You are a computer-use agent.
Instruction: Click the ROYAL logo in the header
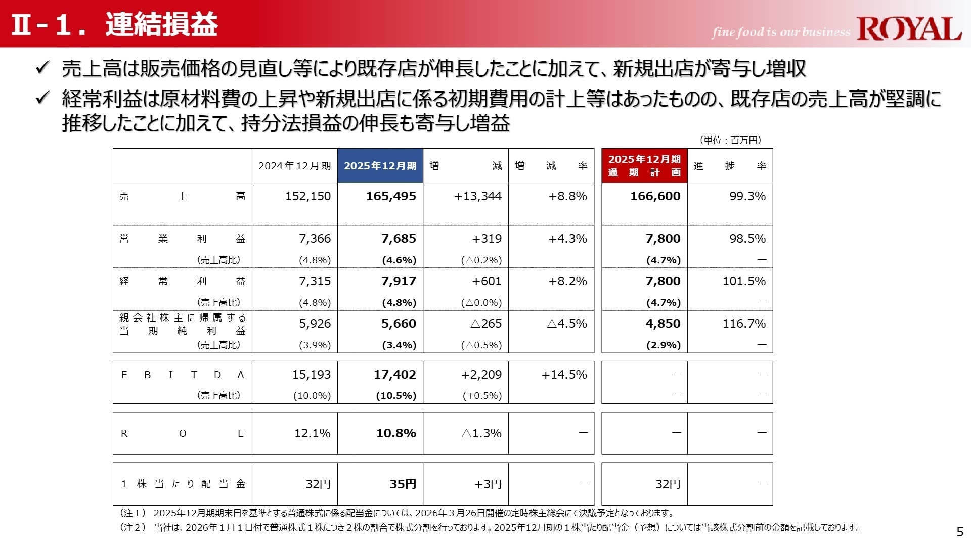pos(909,29)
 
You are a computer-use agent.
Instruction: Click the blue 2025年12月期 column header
pos(380,166)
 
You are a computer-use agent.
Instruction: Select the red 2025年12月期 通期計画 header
pos(644,166)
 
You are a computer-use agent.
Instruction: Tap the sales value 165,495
pos(391,196)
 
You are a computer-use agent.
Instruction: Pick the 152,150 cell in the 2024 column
pos(307,196)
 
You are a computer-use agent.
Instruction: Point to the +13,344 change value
pos(477,196)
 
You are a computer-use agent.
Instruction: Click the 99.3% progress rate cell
pos(747,196)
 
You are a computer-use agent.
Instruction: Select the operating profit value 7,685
pos(399,239)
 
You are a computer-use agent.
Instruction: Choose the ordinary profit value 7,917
pos(399,281)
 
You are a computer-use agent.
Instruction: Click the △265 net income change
pos(485,324)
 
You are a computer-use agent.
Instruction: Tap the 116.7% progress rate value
pos(744,324)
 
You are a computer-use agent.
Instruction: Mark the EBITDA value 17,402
pos(394,375)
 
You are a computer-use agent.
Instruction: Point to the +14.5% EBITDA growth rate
pos(564,375)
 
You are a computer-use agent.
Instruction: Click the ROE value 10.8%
pos(396,433)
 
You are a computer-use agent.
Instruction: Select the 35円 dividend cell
pos(403,484)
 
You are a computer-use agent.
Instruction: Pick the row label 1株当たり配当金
pos(183,484)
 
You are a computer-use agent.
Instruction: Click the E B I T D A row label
pos(183,375)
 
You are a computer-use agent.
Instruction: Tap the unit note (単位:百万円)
pos(730,140)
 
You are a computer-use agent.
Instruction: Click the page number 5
pos(960,532)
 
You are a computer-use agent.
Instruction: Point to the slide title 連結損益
pos(161,24)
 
